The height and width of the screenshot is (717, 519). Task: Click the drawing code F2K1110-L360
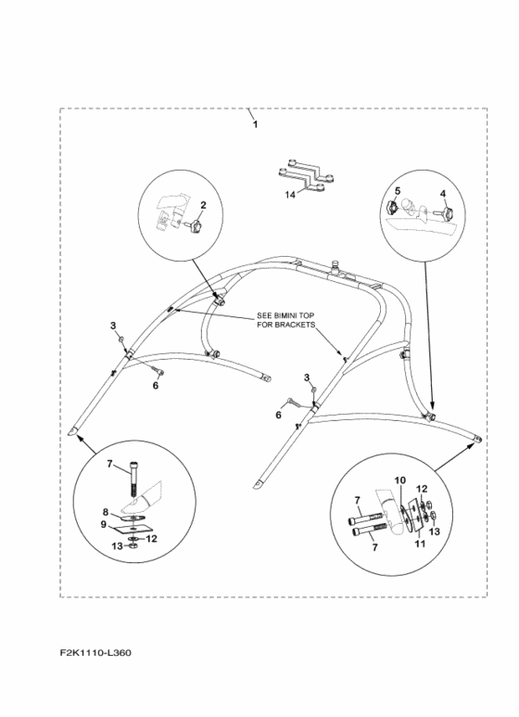(95, 652)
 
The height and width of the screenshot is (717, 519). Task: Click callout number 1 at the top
(256, 124)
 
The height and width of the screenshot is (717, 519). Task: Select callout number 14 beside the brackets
(290, 195)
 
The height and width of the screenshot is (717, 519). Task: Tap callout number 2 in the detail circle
(203, 205)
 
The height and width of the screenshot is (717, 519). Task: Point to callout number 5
(398, 191)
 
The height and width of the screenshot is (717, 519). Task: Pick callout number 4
(443, 194)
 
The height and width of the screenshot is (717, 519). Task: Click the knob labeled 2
(195, 225)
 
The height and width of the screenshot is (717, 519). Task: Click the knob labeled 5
(391, 208)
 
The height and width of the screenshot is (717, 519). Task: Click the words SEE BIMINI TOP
(285, 315)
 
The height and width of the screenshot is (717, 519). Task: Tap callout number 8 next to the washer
(105, 512)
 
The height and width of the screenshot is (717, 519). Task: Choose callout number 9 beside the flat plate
(104, 524)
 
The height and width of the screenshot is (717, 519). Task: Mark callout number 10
(399, 480)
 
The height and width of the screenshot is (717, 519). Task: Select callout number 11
(420, 544)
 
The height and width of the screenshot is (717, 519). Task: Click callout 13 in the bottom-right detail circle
(435, 531)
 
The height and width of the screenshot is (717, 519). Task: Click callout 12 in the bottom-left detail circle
(152, 539)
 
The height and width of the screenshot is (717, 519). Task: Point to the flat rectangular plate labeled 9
(132, 529)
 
